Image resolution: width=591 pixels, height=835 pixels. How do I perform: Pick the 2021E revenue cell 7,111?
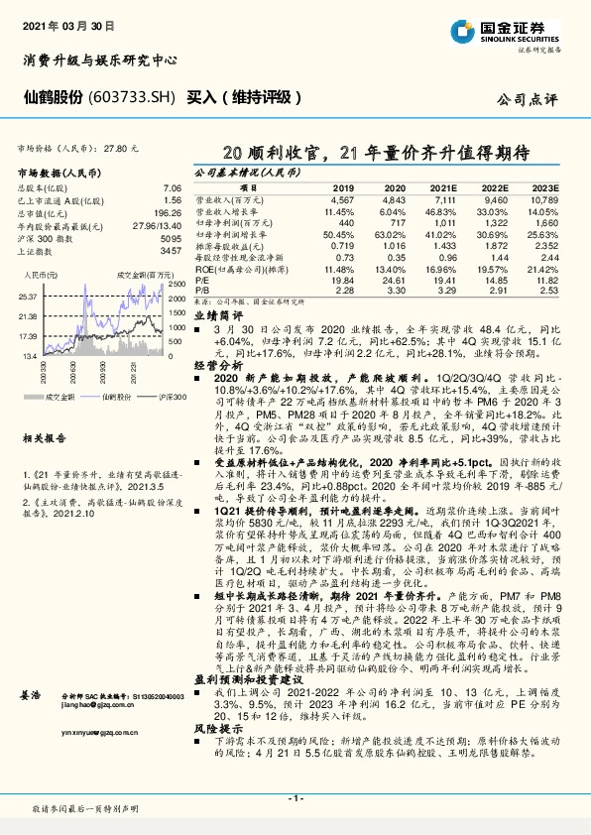(x=443, y=201)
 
